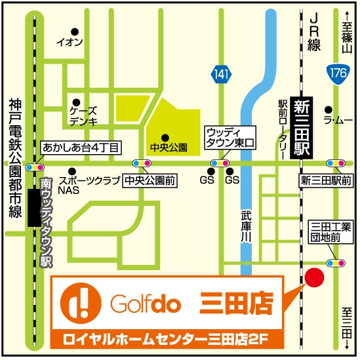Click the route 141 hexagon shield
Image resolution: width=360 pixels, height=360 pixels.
pos(222,75)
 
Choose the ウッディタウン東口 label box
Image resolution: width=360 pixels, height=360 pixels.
pos(233,136)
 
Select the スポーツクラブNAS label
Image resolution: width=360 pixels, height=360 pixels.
pos(83,184)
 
